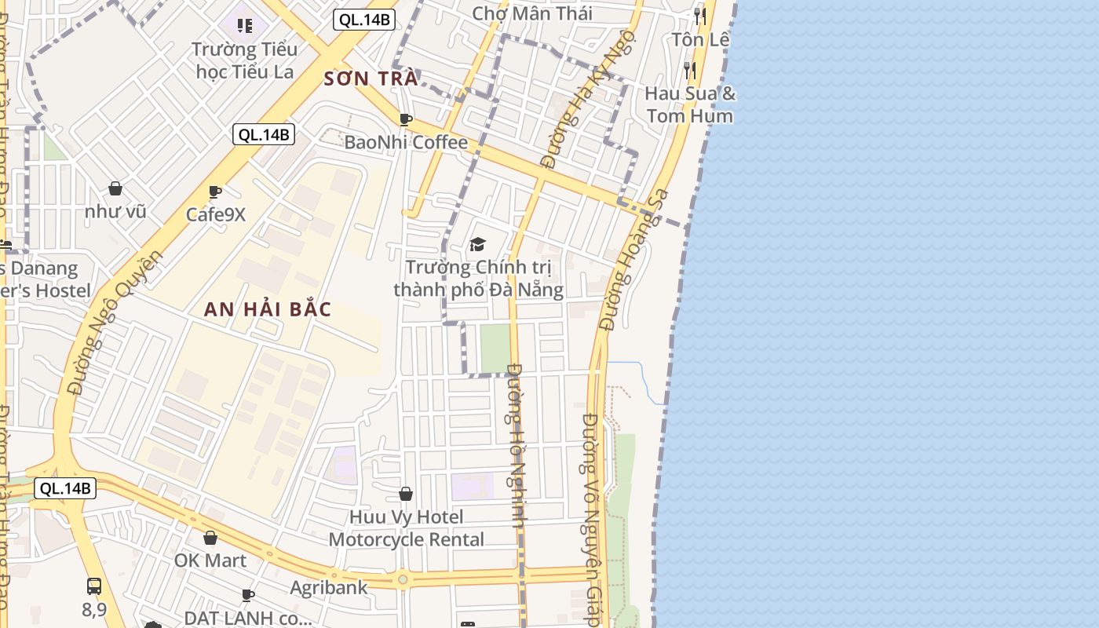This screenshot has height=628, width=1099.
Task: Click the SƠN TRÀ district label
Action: point(371,78)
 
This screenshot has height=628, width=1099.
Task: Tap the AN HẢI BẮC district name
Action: point(268,309)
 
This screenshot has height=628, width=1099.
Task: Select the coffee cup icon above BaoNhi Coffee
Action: point(406,119)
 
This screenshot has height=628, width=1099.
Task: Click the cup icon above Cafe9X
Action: point(215,191)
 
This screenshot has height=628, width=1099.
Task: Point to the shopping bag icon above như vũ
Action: point(115,188)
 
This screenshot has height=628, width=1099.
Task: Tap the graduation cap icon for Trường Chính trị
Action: point(478,244)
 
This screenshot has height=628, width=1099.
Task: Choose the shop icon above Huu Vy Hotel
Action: point(406,494)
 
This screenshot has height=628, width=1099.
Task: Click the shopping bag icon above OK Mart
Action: point(210,538)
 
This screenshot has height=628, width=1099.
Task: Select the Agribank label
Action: point(329,587)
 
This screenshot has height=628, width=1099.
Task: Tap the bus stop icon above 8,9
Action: point(94,586)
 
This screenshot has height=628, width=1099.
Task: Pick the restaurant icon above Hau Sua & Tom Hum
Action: point(689,71)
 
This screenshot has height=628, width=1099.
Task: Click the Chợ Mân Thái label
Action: point(532,13)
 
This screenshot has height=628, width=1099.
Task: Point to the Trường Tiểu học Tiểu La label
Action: point(244,60)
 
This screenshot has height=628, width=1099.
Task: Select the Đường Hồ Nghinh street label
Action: point(516,445)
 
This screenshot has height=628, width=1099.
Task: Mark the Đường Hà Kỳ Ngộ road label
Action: point(571,122)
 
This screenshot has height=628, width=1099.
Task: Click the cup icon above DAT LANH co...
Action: point(248,595)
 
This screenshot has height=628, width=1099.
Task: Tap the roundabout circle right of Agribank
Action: point(403,579)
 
